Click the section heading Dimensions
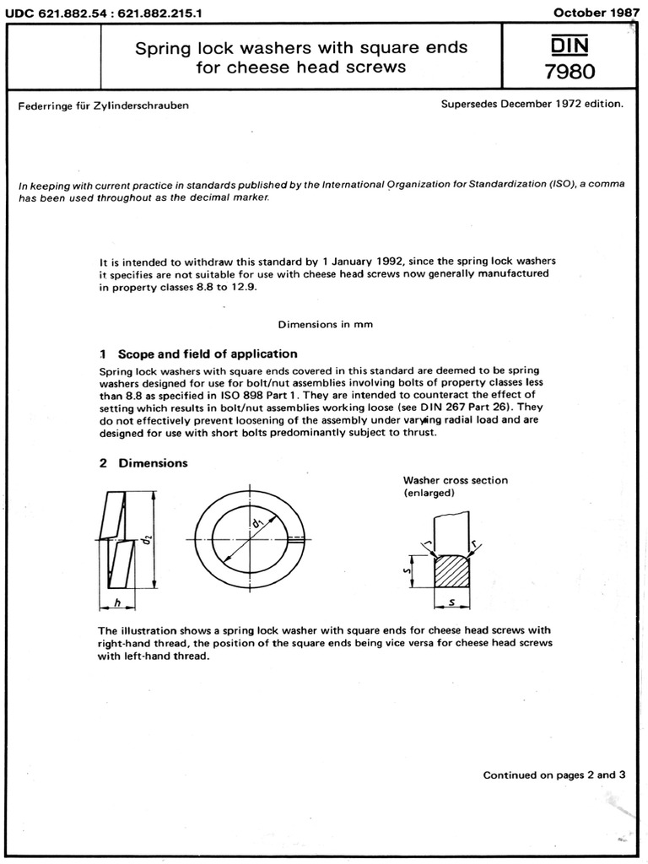click(153, 463)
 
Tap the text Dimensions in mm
click(326, 324)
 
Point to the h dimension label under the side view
click(118, 602)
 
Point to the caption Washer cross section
click(455, 480)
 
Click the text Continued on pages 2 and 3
click(553, 775)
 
